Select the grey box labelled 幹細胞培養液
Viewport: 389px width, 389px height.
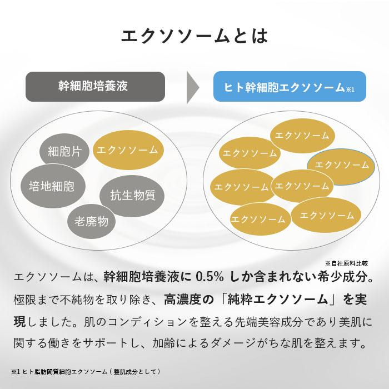[x=95, y=86]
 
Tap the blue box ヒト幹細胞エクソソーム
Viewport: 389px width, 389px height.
[x=283, y=87]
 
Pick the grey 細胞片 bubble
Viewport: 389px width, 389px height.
[x=64, y=151]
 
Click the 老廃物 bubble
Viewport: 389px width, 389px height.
[x=91, y=221]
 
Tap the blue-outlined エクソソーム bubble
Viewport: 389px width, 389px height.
[x=338, y=164]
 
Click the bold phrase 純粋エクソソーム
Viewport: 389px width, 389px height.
[x=280, y=300]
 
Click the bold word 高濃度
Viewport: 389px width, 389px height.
[x=183, y=300]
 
